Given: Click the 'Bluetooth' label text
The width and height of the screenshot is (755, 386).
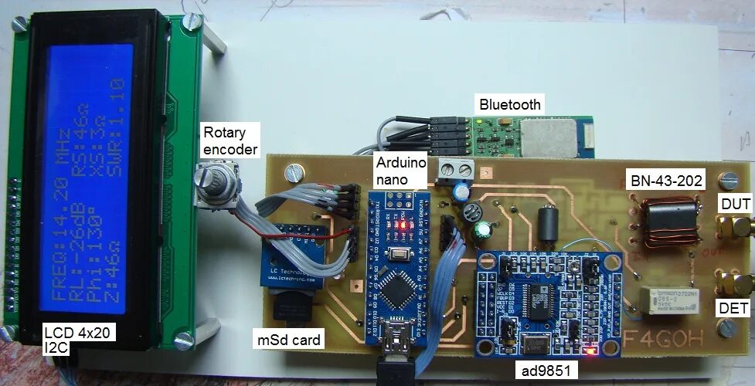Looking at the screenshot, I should (510, 104).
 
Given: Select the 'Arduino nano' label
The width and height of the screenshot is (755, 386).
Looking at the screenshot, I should (400, 171).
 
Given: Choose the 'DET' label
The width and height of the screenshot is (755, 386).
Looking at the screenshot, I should (733, 308).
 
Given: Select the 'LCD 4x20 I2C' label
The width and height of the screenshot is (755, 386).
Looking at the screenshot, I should (70, 341).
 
